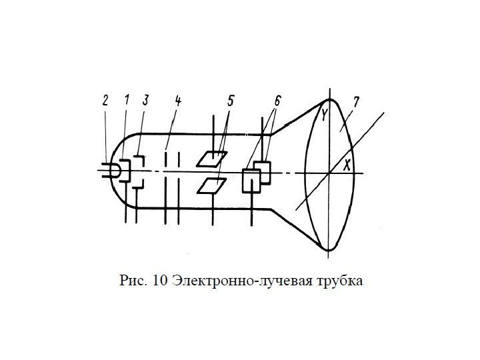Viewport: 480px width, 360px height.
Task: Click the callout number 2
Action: point(105,101)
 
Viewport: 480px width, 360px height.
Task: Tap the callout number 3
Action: point(145,101)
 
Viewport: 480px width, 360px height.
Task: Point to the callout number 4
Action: point(178,101)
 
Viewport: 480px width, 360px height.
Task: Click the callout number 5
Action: point(231,101)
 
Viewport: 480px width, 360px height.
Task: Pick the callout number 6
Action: point(276,101)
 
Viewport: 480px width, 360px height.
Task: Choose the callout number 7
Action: point(357,102)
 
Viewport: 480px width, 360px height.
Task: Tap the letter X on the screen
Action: point(347,166)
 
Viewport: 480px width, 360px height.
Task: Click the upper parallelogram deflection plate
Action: point(212,158)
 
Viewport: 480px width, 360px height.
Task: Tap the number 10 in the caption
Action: point(160,279)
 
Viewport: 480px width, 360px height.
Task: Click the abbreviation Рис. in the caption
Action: point(134,279)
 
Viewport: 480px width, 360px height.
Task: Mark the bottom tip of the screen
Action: point(329,250)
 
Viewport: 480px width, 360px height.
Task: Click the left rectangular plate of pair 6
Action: point(251,180)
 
